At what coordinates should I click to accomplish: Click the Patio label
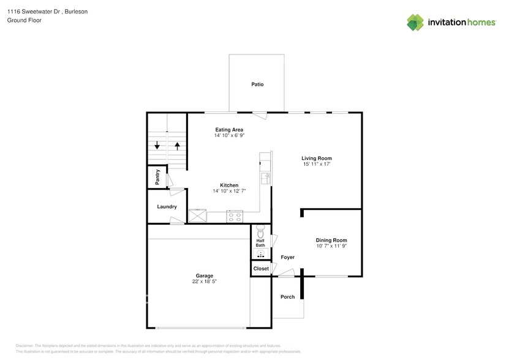pyautogui.click(x=257, y=84)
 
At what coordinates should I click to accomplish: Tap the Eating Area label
pyautogui.click(x=229, y=129)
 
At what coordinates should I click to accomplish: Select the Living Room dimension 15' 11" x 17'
pyautogui.click(x=317, y=164)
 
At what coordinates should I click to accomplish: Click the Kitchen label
pyautogui.click(x=229, y=185)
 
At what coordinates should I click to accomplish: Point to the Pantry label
pyautogui.click(x=157, y=177)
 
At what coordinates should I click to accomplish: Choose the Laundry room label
pyautogui.click(x=167, y=207)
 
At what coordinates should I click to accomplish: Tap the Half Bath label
pyautogui.click(x=260, y=243)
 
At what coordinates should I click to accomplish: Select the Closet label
pyautogui.click(x=260, y=268)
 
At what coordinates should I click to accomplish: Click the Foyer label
pyautogui.click(x=288, y=257)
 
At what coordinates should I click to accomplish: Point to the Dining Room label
pyautogui.click(x=331, y=240)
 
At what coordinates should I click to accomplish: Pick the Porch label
pyautogui.click(x=287, y=297)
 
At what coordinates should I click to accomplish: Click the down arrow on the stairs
pyautogui.click(x=157, y=146)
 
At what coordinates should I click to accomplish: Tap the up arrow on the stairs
pyautogui.click(x=178, y=146)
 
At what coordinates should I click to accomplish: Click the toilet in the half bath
pyautogui.click(x=260, y=232)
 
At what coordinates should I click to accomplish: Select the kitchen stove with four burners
pyautogui.click(x=235, y=216)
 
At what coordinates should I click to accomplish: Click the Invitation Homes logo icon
pyautogui.click(x=416, y=23)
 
